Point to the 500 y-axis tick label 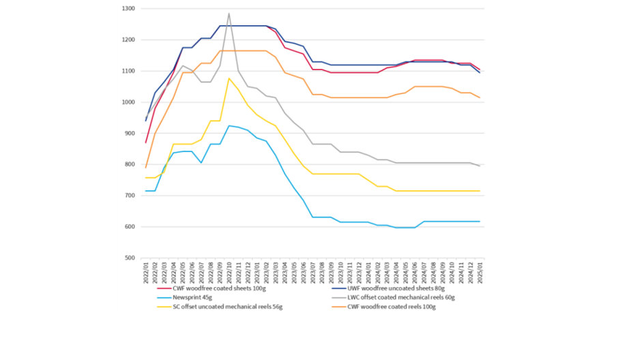coord(130,258)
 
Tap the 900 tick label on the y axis coord(130,134)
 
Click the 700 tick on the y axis coord(130,196)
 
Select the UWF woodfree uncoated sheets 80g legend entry coord(390,288)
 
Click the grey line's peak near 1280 coord(229,14)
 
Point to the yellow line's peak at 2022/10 coord(229,78)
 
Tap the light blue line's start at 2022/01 coord(146,191)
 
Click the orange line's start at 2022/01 coord(146,168)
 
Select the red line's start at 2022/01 coord(146,142)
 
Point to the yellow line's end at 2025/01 coord(480,191)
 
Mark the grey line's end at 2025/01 coord(480,166)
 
